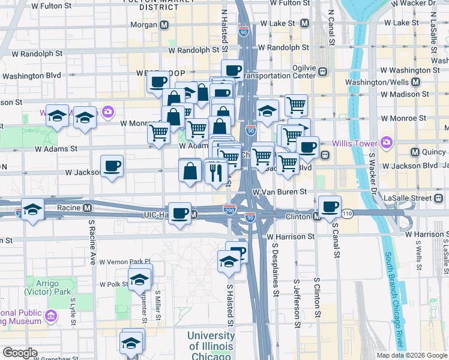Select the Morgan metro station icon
(164, 25)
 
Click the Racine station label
(70, 208)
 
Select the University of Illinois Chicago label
(211, 346)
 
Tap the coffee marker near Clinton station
(330, 206)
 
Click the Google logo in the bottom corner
(20, 353)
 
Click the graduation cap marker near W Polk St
(140, 277)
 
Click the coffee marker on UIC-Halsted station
(179, 213)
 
